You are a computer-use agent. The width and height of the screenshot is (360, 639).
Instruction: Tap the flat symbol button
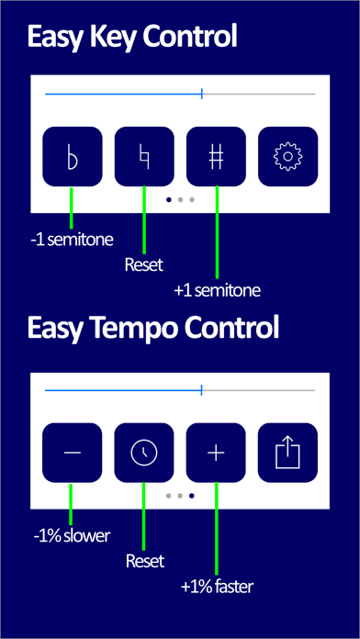pyautogui.click(x=73, y=156)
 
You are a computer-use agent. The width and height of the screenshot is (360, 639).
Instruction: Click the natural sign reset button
pyautogui.click(x=144, y=156)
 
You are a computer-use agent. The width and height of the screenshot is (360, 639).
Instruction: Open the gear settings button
pyautogui.click(x=287, y=156)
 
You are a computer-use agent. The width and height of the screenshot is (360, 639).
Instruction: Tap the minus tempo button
pyautogui.click(x=73, y=453)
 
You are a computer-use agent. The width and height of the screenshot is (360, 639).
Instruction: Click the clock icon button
pyautogui.click(x=144, y=453)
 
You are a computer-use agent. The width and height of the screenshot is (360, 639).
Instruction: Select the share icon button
pyautogui.click(x=287, y=453)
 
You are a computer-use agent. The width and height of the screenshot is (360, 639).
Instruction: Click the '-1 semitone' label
pyautogui.click(x=72, y=240)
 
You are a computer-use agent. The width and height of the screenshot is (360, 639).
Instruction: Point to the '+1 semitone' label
pyautogui.click(x=217, y=291)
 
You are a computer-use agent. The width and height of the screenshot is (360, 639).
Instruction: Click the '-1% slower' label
pyautogui.click(x=72, y=536)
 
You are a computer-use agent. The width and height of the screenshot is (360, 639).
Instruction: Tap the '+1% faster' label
pyautogui.click(x=218, y=587)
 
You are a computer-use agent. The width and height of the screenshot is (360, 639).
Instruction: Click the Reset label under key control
pyautogui.click(x=144, y=265)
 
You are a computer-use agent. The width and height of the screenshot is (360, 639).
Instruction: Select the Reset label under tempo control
pyautogui.click(x=145, y=561)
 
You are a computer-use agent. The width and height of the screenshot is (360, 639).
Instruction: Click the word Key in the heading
pyautogui.click(x=104, y=38)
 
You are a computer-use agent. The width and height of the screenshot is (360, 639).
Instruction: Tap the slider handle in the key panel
pyautogui.click(x=202, y=95)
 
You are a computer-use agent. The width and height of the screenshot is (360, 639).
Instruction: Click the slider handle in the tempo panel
pyautogui.click(x=201, y=390)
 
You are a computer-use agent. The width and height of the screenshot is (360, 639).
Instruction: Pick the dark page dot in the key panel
pyautogui.click(x=169, y=200)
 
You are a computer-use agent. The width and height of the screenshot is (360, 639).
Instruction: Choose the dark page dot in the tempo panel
pyautogui.click(x=192, y=496)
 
